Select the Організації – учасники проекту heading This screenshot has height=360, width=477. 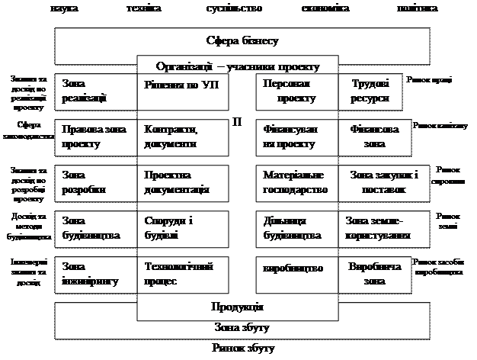[237, 66]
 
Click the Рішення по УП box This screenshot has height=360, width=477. [183, 91]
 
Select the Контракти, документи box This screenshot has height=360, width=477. [183, 136]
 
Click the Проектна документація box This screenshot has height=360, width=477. [183, 182]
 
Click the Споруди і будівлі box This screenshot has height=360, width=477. [183, 227]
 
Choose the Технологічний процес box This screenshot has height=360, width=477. [183, 274]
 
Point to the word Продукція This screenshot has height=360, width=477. [237, 307]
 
